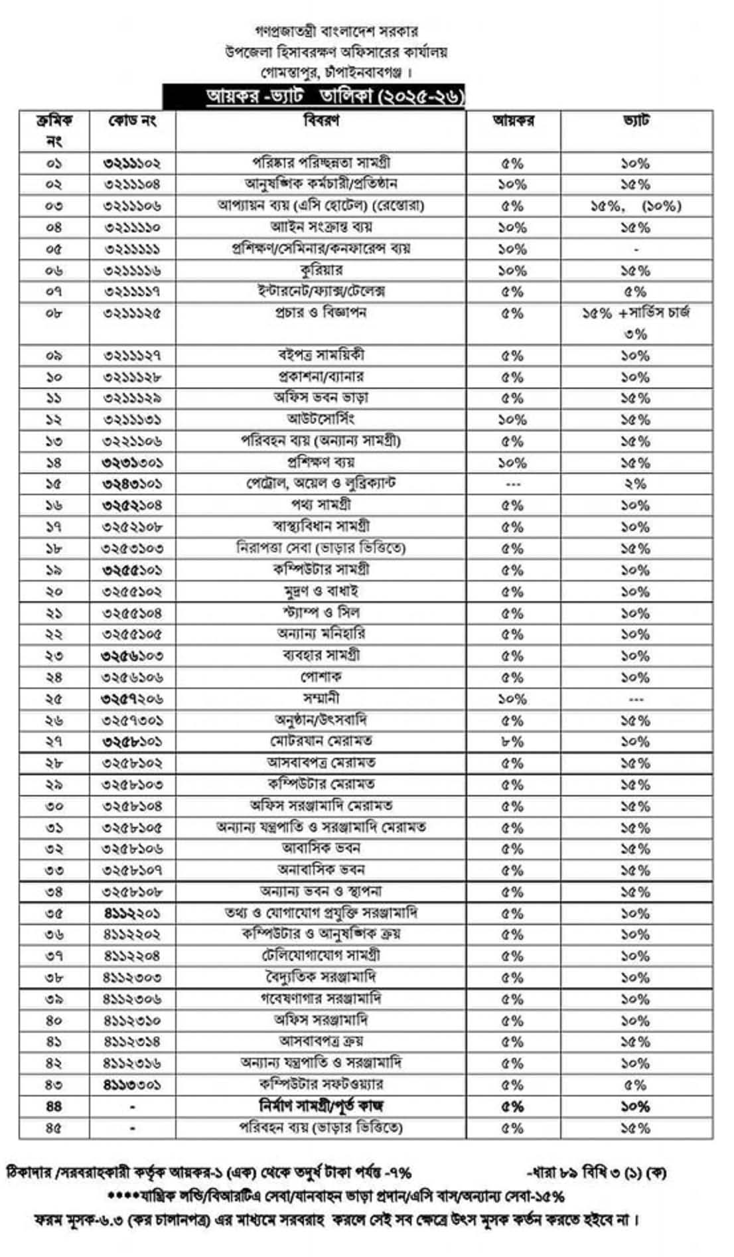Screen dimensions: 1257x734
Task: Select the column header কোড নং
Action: click(x=132, y=121)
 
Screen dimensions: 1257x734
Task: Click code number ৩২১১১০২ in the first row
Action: click(x=132, y=163)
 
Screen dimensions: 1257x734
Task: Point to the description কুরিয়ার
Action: click(x=321, y=270)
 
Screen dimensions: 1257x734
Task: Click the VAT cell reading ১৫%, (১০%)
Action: click(x=635, y=206)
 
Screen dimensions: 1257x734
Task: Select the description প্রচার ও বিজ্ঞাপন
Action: click(x=321, y=313)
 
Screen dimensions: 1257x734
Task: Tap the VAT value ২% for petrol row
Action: click(x=635, y=484)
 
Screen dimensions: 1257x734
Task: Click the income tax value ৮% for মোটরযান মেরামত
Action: click(x=512, y=741)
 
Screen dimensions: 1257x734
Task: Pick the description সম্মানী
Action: click(x=321, y=698)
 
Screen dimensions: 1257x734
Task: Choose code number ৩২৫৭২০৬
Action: click(x=132, y=699)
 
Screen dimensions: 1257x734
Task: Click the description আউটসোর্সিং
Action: click(x=321, y=419)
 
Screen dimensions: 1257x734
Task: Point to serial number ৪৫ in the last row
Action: click(x=54, y=1128)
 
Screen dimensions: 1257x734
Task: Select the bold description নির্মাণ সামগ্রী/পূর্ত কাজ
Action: click(x=321, y=1106)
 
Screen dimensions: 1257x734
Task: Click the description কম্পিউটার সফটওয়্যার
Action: click(x=321, y=1084)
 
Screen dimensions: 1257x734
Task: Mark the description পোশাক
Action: click(x=321, y=677)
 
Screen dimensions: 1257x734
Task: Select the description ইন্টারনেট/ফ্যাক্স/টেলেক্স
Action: click(x=321, y=291)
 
